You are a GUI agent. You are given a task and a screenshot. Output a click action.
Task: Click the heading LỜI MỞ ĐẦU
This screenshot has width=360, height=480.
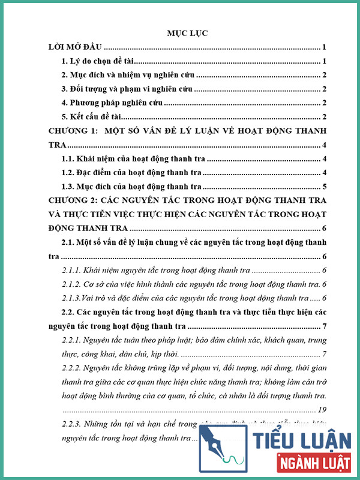coord(77,47)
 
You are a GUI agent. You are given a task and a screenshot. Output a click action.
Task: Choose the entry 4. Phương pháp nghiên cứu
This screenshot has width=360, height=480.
coord(113,103)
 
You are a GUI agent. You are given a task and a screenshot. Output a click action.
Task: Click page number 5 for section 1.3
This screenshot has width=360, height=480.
coord(324,187)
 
